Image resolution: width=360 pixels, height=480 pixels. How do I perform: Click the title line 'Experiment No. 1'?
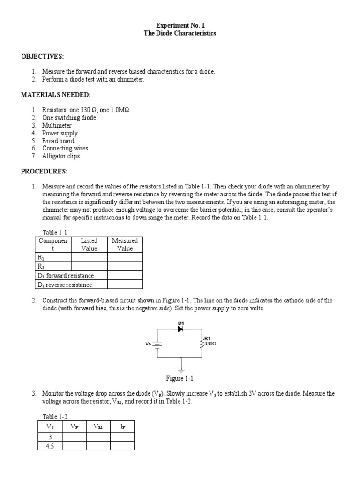point(180,25)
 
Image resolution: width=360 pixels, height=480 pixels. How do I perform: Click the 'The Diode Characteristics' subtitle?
point(180,34)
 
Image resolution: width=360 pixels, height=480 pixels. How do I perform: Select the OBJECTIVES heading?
point(42,56)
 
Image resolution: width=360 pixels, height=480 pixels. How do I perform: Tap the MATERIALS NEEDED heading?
point(56,95)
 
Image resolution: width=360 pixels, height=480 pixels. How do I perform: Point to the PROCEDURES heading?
point(45,172)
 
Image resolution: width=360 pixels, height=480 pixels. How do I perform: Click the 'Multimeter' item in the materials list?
point(57,125)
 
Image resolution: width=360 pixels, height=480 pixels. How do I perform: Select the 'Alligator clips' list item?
point(61,156)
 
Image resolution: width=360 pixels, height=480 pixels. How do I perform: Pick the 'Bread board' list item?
point(58,141)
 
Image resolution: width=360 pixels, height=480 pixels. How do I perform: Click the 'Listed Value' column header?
point(89,244)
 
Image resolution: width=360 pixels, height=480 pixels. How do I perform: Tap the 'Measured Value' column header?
point(125,244)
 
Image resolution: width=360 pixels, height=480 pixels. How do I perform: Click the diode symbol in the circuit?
point(180,329)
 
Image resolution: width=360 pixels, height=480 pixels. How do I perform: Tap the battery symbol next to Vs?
point(158,344)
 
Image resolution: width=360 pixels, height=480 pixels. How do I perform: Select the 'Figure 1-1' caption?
point(180,378)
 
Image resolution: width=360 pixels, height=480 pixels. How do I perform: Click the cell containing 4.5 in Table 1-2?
point(50,446)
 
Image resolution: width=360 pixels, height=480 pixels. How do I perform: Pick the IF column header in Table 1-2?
point(122,427)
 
